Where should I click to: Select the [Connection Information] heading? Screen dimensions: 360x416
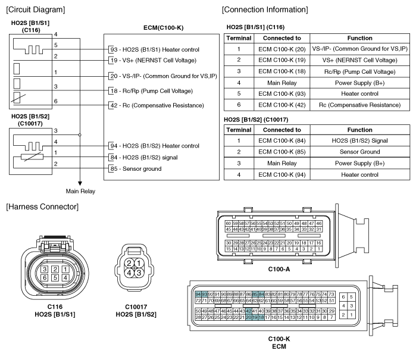click(265, 10)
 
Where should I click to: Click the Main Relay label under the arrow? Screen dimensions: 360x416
click(80, 191)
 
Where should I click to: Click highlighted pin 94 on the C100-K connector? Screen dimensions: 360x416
click(198, 295)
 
